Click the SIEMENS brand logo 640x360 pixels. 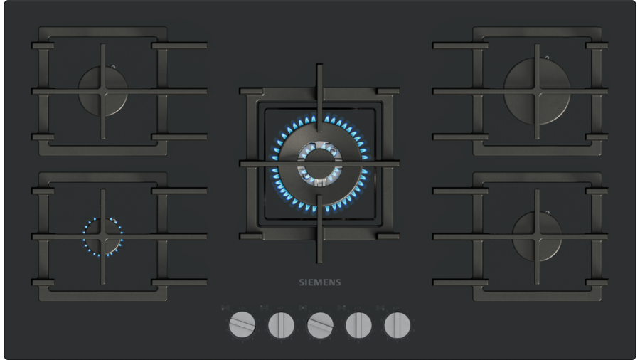(319, 282)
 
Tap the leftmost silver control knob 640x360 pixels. (242, 325)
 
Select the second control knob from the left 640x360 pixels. (281, 325)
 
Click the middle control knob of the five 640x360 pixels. (320, 325)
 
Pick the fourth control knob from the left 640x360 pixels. (358, 325)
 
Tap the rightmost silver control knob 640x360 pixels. (397, 325)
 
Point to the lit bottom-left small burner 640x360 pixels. (103, 237)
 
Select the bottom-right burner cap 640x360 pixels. (537, 237)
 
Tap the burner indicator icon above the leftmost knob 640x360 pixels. (225, 308)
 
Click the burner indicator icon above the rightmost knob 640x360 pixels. (380, 308)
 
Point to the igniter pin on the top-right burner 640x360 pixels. (548, 58)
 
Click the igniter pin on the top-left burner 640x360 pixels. (114, 67)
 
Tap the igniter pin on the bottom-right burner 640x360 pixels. (548, 212)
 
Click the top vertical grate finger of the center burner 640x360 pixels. (319, 98)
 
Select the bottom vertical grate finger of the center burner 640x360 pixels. (319, 228)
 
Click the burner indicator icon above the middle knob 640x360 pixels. (303, 308)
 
